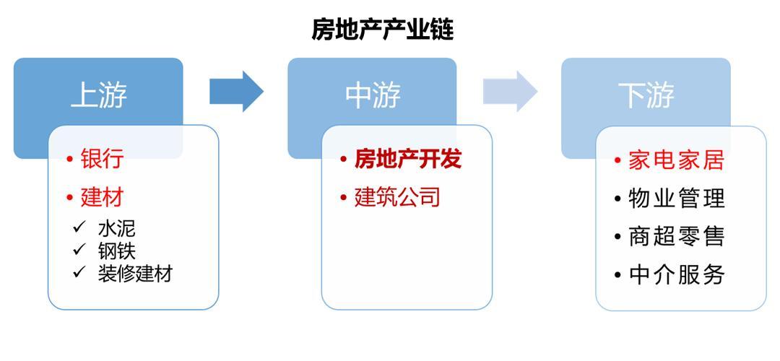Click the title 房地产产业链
[x=383, y=30]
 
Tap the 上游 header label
[x=98, y=95]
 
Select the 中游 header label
[x=373, y=95]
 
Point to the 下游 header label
[x=646, y=95]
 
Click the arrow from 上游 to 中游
[x=236, y=91]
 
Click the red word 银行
[x=102, y=159]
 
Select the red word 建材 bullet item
[x=102, y=198]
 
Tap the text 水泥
[x=116, y=228]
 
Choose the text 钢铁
[x=116, y=251]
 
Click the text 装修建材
[x=135, y=274]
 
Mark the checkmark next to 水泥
[x=79, y=227]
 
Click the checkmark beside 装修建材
[x=79, y=273]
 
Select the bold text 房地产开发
[x=408, y=159]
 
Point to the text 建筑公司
[x=397, y=197]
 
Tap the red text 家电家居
[x=676, y=160]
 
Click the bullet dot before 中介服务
[x=617, y=275]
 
